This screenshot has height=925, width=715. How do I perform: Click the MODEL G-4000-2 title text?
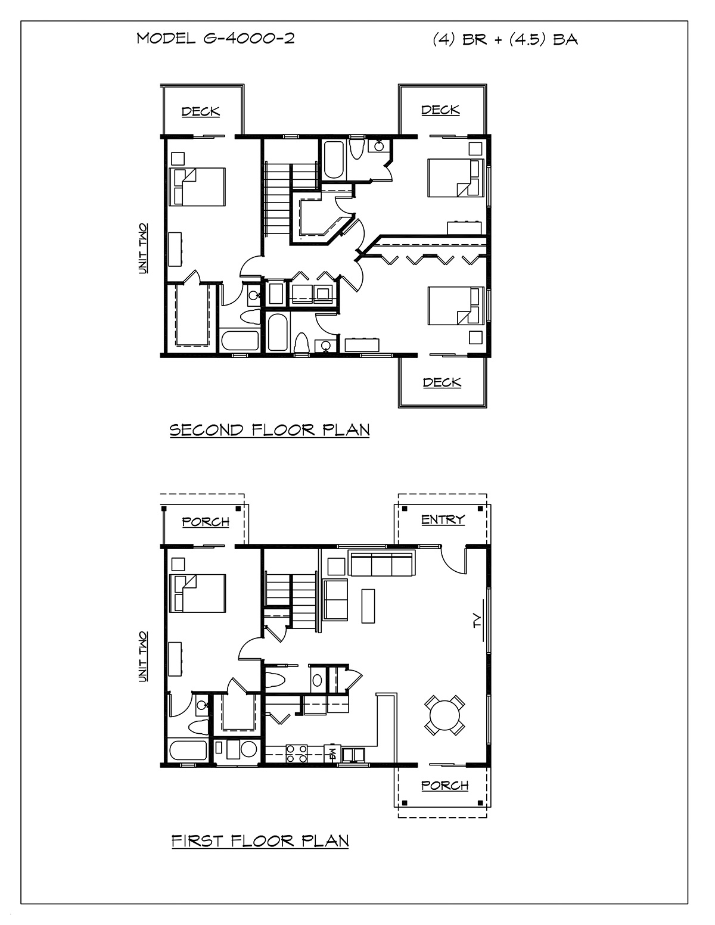(216, 39)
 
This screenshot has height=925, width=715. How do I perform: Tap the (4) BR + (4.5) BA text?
(505, 39)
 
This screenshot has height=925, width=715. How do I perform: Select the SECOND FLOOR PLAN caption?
(269, 430)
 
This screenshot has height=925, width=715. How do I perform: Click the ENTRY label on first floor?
(443, 519)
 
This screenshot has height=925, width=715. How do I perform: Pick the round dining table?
(445, 715)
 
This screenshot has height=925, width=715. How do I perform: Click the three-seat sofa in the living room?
(381, 563)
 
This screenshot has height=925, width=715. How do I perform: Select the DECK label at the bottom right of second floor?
(442, 382)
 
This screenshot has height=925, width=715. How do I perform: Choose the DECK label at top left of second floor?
(201, 111)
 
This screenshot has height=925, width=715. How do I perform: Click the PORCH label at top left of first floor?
(206, 521)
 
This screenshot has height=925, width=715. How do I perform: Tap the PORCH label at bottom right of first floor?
(444, 785)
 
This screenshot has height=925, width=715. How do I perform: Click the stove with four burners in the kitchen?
(296, 753)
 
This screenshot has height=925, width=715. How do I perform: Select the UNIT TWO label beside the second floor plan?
(143, 248)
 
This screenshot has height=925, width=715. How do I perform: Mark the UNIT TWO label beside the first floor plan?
(143, 657)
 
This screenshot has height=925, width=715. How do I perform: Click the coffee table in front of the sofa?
(368, 606)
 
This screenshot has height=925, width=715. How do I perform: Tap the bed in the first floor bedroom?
(197, 593)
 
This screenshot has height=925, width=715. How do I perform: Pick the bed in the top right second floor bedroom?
(456, 177)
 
